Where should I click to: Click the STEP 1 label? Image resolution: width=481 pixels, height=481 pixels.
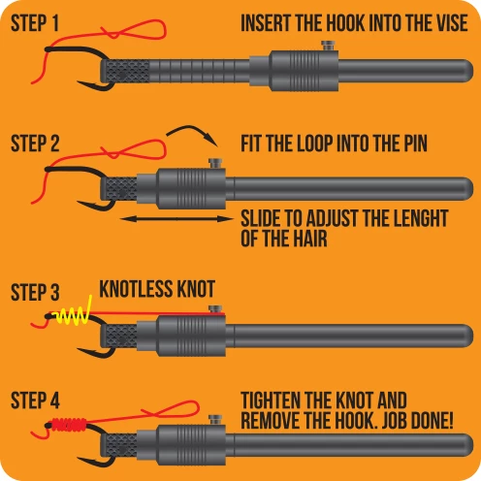[35, 23]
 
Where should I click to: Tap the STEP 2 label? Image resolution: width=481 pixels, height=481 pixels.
[35, 144]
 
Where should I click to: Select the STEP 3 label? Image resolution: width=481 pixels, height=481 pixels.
[35, 292]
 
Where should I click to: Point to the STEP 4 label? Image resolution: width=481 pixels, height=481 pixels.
[35, 401]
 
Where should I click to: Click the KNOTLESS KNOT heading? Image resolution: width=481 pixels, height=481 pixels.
[157, 289]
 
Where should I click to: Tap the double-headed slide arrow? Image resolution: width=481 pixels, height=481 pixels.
[176, 219]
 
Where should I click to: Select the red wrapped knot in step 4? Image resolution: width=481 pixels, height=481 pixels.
[69, 425]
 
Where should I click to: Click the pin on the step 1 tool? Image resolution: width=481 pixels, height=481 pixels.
[328, 46]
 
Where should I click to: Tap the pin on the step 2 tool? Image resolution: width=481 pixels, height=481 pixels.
[215, 163]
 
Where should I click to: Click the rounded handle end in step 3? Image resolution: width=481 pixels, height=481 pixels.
[465, 337]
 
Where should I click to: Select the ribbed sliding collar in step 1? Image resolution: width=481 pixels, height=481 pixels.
[304, 71]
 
